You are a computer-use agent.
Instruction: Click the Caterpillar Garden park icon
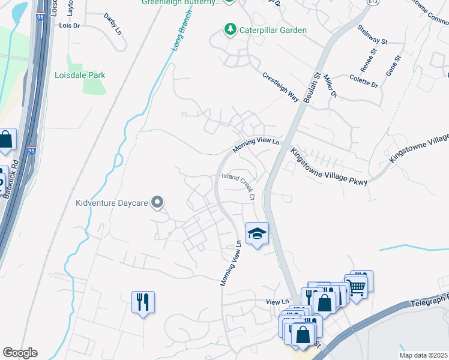click(x=229, y=29)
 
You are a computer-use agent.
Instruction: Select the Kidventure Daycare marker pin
click(x=158, y=202)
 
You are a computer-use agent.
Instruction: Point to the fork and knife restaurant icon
click(x=143, y=301)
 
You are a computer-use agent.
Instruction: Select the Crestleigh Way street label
click(x=280, y=87)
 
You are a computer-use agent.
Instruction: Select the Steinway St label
click(x=372, y=34)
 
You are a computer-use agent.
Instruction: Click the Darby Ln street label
click(x=112, y=23)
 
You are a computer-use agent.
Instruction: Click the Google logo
click(x=20, y=353)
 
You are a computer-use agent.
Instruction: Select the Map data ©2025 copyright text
click(x=423, y=355)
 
